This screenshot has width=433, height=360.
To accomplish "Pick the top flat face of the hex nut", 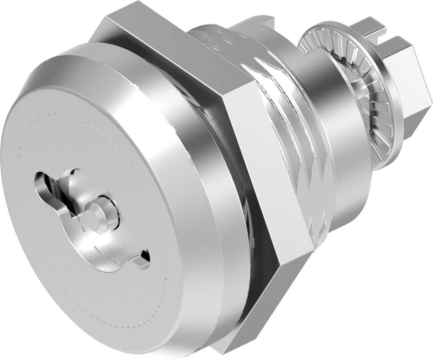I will coord(169,46).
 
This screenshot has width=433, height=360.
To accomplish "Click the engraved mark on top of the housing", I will coord(220,38).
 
